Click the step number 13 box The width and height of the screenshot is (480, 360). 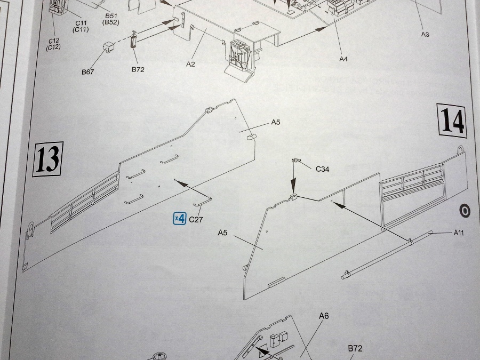(48, 159)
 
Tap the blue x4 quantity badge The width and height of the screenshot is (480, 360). (180, 218)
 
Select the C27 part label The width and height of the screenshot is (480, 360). (196, 219)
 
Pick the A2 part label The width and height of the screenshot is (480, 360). (191, 63)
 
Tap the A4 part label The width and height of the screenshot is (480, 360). (343, 59)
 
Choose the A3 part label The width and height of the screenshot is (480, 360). (425, 34)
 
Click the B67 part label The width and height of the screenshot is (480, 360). (88, 71)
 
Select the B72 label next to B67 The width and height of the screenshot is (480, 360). (138, 69)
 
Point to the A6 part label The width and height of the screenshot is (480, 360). (324, 316)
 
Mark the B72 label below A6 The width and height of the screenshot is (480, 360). (355, 348)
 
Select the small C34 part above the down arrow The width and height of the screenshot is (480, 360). (294, 160)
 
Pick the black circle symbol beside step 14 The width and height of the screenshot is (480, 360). (465, 211)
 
